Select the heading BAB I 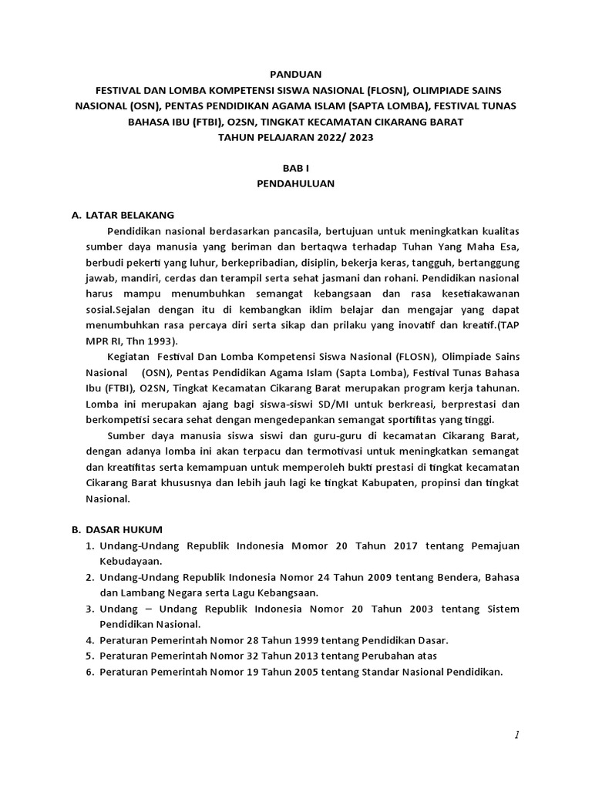(x=296, y=167)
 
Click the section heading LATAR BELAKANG (x=130, y=214)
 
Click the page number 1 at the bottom (x=517, y=736)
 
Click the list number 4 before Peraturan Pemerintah (x=89, y=640)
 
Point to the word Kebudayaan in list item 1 (x=131, y=562)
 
